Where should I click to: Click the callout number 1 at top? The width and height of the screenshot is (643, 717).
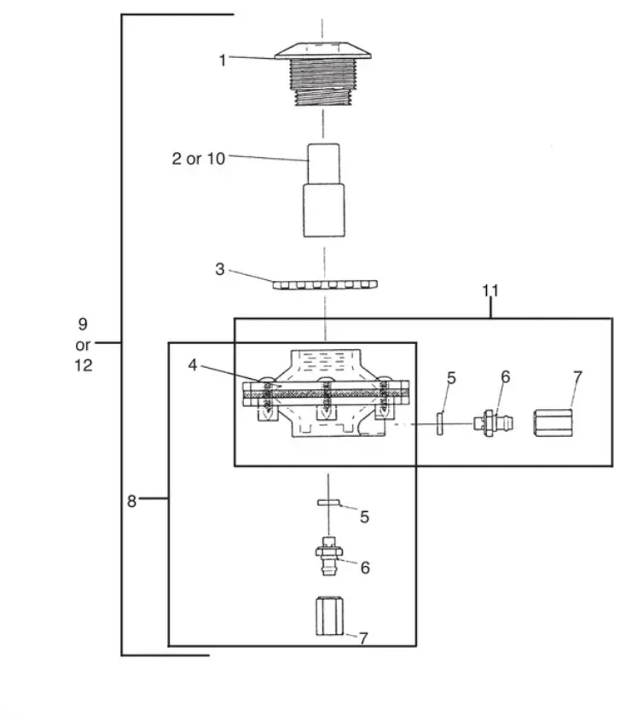tap(223, 60)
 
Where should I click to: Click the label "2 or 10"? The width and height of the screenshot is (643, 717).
tap(199, 159)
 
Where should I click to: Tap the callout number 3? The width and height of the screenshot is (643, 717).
tap(220, 269)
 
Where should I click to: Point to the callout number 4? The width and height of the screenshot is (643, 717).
tap(194, 364)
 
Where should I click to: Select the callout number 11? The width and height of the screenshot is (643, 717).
tap(490, 291)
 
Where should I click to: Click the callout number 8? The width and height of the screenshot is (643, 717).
tap(131, 501)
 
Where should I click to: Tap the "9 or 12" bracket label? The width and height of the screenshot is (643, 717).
tap(83, 344)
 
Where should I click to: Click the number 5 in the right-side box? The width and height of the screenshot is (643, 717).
tap(452, 376)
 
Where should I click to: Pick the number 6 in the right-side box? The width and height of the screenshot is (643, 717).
tap(505, 376)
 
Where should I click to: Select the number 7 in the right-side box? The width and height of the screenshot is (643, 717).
tap(578, 376)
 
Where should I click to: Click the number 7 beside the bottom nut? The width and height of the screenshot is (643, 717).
tap(363, 638)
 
